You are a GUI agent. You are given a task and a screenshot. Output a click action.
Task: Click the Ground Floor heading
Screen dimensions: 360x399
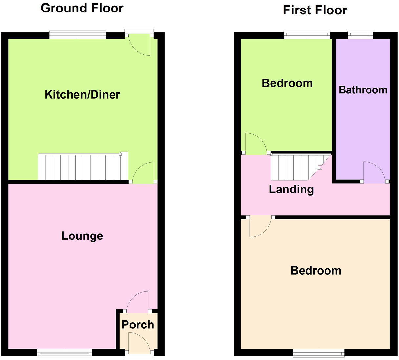(82, 8)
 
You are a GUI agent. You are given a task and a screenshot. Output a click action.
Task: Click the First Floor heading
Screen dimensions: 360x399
(315, 10)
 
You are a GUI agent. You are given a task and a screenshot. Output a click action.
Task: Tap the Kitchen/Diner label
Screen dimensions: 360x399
(82, 95)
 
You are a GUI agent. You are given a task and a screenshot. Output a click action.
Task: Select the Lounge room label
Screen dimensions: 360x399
(82, 236)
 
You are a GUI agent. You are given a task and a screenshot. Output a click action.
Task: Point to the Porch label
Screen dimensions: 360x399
(138, 325)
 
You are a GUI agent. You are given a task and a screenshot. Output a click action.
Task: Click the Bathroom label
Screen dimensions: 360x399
(363, 90)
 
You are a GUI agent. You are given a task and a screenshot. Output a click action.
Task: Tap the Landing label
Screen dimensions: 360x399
(291, 189)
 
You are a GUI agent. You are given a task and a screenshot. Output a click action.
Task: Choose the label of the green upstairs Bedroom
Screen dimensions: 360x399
(287, 83)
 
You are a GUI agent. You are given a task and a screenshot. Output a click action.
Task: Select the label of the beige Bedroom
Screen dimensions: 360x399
(316, 270)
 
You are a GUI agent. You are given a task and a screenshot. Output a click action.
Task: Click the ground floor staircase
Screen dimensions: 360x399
(83, 167)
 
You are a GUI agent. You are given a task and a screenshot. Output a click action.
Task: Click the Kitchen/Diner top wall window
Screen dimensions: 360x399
(78, 34)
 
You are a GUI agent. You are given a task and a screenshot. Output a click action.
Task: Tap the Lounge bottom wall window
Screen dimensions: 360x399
(65, 353)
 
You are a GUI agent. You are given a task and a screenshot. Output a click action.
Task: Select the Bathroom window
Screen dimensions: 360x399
(360, 34)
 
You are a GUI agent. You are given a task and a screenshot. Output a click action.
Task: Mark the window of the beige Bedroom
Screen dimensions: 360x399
(319, 353)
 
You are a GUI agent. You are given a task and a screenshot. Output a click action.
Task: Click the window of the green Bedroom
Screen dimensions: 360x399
(307, 34)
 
